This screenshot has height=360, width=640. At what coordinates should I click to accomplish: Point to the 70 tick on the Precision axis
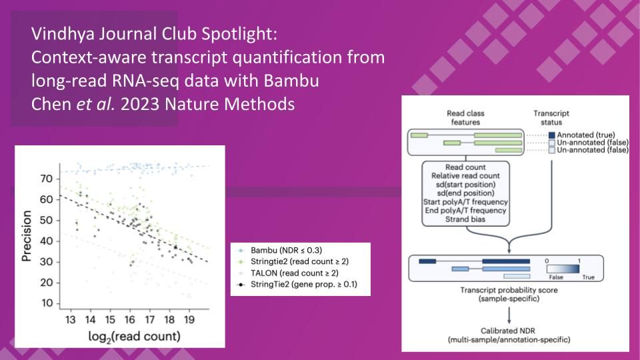point(46,179)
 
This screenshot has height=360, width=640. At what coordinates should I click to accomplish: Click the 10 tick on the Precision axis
point(46,303)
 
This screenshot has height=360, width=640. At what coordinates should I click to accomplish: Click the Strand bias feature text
point(465,219)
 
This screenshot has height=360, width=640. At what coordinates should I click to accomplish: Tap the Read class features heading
point(465,118)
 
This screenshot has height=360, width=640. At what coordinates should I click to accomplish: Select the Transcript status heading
point(551,118)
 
